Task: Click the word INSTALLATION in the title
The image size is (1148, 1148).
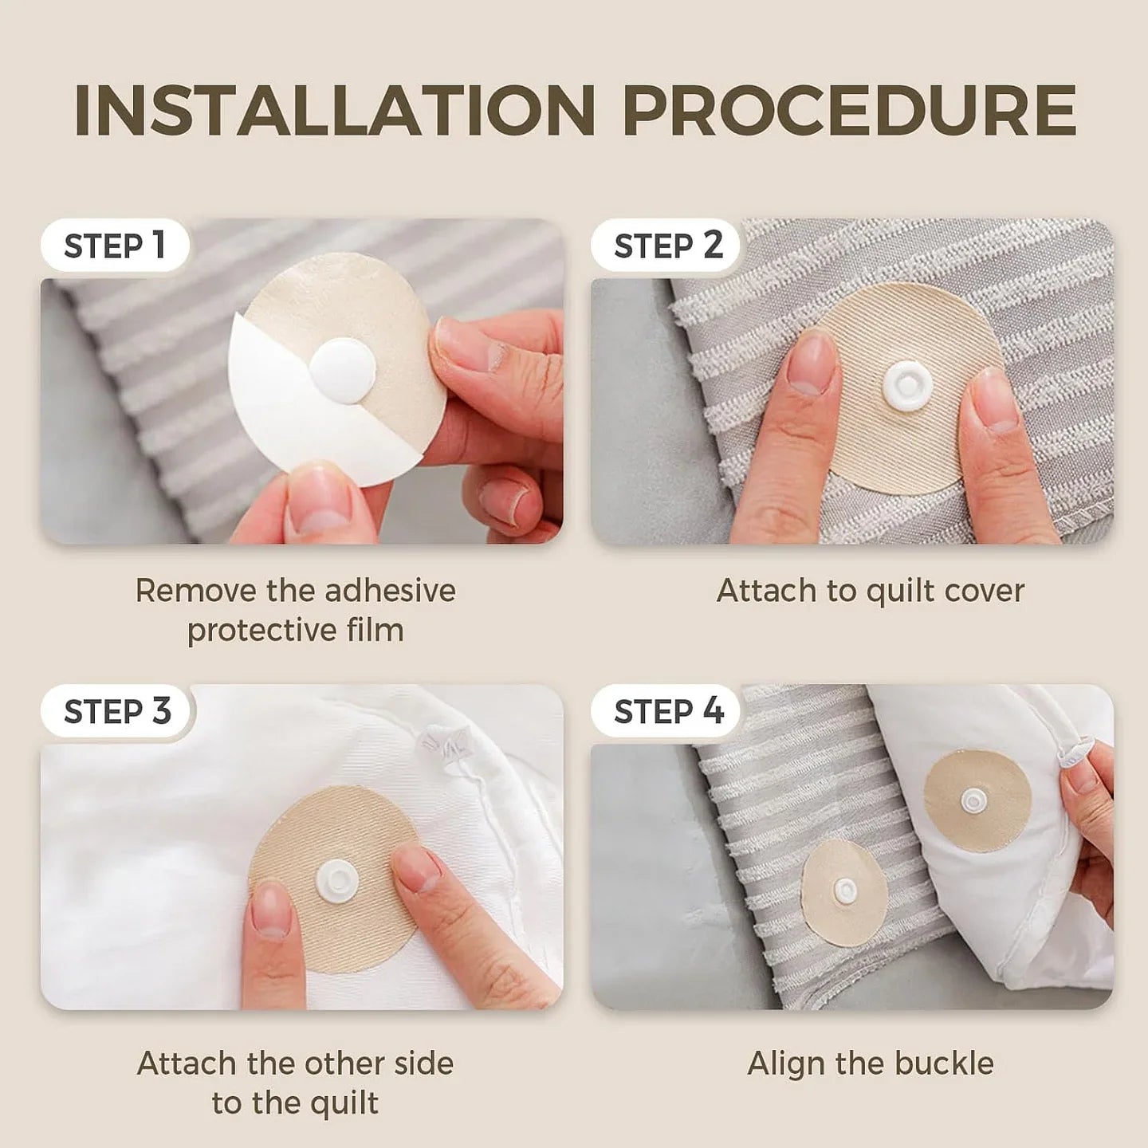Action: coord(335,110)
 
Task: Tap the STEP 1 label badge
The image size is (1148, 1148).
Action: coord(114,246)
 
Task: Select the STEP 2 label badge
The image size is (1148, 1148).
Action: coord(667,246)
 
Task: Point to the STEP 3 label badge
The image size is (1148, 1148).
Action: coord(117,711)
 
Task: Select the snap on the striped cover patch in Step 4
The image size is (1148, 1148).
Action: coord(843,887)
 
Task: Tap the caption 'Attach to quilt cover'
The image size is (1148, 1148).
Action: coord(870,591)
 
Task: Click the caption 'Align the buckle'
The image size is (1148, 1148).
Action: coord(870,1063)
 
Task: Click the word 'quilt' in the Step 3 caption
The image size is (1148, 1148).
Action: coord(342,1103)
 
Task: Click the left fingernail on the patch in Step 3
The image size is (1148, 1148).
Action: coord(271,909)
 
